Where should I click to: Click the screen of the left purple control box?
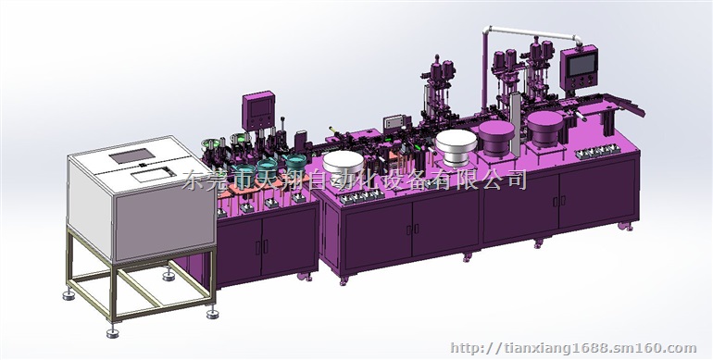(256, 107)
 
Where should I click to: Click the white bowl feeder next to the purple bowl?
(457, 145)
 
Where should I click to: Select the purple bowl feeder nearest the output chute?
(545, 125)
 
